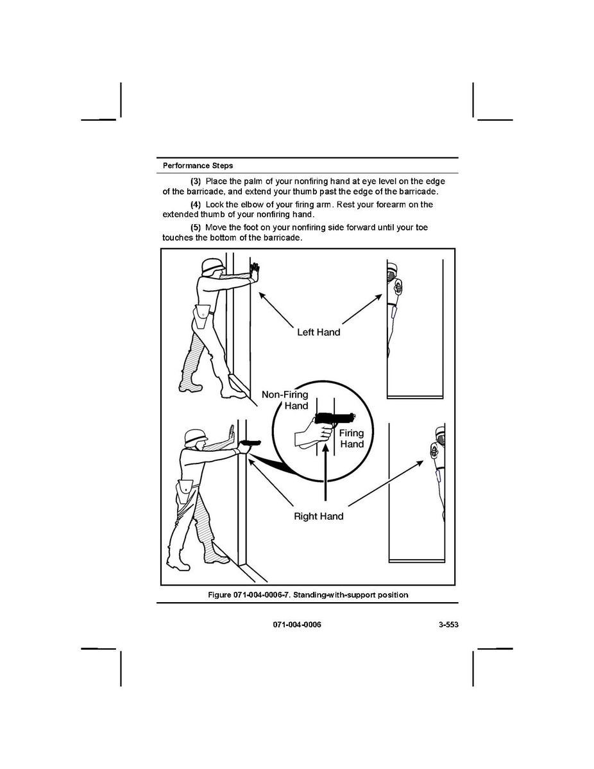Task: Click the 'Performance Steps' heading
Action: pos(198,166)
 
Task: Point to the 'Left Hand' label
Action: pos(318,333)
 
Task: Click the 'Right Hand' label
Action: pos(318,516)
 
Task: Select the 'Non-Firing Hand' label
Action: pos(285,400)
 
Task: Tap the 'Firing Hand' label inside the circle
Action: pos(352,438)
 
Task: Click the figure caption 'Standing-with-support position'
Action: pos(308,595)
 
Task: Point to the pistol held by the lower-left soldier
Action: pos(250,442)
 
